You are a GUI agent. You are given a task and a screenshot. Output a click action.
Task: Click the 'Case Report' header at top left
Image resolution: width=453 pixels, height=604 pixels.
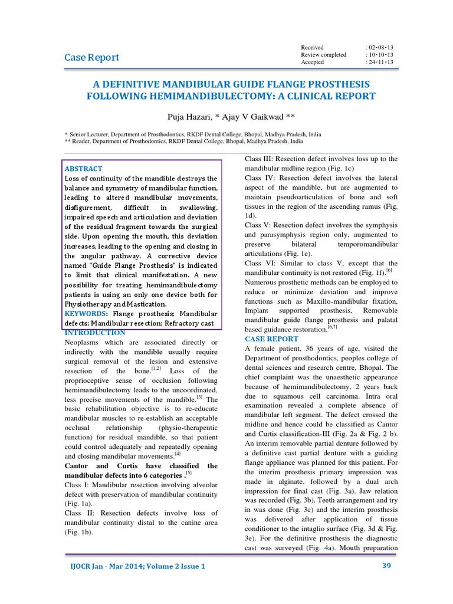pyautogui.click(x=91, y=57)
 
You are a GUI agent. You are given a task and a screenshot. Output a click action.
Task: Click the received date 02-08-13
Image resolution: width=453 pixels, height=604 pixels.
pyautogui.click(x=380, y=47)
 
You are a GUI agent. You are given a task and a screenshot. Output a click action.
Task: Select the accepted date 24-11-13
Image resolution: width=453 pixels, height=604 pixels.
pyautogui.click(x=380, y=62)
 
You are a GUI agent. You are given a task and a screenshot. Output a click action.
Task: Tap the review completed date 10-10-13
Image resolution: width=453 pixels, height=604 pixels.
pyautogui.click(x=380, y=55)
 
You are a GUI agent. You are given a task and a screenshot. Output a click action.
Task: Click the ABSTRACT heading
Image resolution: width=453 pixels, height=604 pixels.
pyautogui.click(x=83, y=169)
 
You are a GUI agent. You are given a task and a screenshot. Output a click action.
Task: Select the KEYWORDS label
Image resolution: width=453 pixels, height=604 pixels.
pyautogui.click(x=86, y=314)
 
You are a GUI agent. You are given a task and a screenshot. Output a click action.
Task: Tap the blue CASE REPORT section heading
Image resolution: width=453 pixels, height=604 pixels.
pyautogui.click(x=271, y=339)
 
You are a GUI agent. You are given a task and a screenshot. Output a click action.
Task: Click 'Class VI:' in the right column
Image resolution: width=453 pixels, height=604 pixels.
pyautogui.click(x=260, y=263)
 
